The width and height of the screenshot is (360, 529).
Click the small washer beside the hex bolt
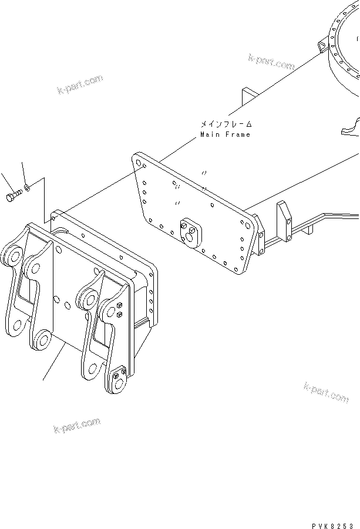click(28, 189)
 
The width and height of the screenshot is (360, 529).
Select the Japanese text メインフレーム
click(226, 124)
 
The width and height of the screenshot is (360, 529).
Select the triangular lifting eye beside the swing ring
click(321, 44)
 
